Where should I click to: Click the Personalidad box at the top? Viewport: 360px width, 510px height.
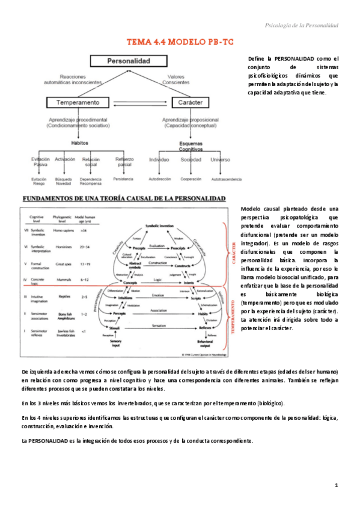128,61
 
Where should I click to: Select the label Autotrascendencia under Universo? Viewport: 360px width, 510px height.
226,179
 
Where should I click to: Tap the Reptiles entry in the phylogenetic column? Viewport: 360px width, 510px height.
61,296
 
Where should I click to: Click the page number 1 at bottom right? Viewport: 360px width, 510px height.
337,485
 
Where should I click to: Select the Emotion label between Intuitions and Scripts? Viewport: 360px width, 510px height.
157,295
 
